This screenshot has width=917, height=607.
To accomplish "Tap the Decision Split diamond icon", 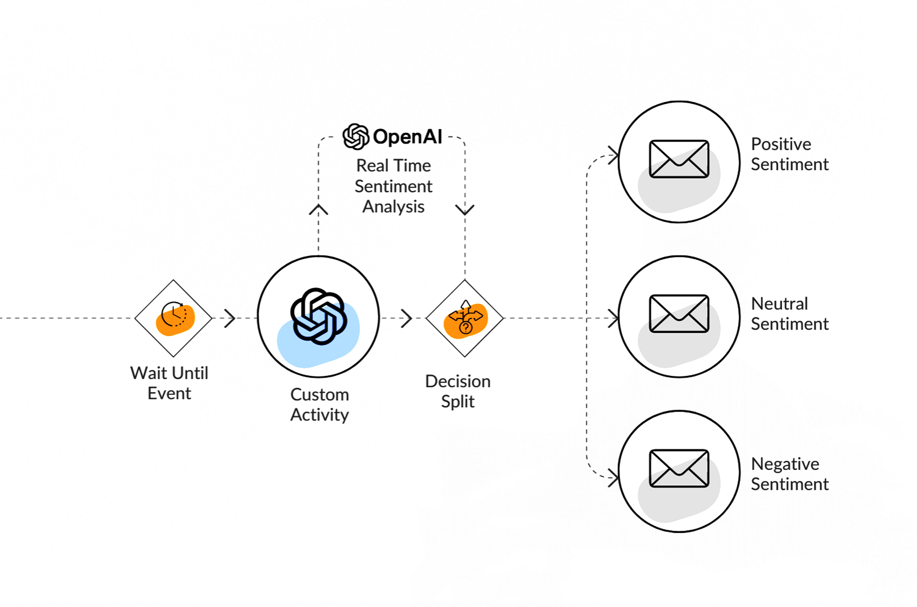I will (465, 318).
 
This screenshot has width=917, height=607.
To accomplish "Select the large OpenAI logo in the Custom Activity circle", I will (318, 316).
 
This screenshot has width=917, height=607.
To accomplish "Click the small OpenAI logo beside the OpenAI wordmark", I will (356, 136).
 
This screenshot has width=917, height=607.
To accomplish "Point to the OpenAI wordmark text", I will (408, 137).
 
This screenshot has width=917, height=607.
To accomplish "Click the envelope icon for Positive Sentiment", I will (679, 159).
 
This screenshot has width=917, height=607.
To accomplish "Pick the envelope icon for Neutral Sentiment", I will (679, 314).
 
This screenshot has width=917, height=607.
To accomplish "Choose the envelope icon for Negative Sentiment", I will (679, 468).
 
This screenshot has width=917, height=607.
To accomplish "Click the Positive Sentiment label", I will (790, 154).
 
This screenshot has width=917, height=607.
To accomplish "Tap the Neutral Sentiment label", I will (790, 314).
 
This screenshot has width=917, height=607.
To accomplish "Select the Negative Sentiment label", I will (790, 474).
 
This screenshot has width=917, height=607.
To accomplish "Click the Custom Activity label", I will (320, 404).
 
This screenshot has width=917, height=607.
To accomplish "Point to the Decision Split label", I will (458, 391).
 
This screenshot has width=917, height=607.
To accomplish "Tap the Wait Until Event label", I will (169, 383).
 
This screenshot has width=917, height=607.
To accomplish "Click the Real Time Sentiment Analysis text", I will (394, 186).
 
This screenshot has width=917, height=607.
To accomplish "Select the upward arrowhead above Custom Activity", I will (319, 210).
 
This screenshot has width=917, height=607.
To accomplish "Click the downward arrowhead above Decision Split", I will (465, 210).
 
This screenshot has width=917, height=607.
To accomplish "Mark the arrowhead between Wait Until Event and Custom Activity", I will (231, 318).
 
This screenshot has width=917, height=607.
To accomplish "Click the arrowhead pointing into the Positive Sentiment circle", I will (613, 156).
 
